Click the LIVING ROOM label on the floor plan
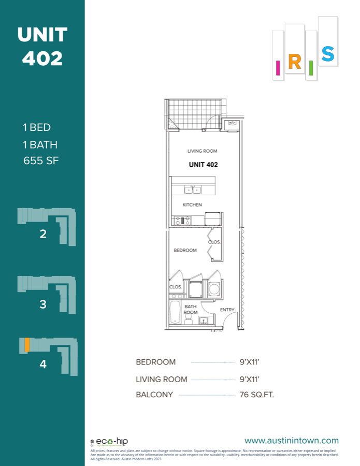pos(202,151)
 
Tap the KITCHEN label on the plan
pos(192,205)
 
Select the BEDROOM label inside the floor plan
pos(185,251)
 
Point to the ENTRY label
pos(227,310)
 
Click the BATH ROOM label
pos(191,310)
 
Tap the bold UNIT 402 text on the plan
pos(203,165)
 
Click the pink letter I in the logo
pos(278,67)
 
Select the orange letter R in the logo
pos(294,62)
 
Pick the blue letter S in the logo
pos(327,54)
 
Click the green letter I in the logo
pos(311,68)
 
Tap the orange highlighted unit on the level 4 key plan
pos(26,345)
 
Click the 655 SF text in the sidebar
pos(41,161)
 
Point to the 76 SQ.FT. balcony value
pos(257,395)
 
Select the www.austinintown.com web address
pos(292,441)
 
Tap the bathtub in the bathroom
pos(175,312)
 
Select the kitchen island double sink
pos(193,190)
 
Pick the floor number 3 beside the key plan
pos(43,304)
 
